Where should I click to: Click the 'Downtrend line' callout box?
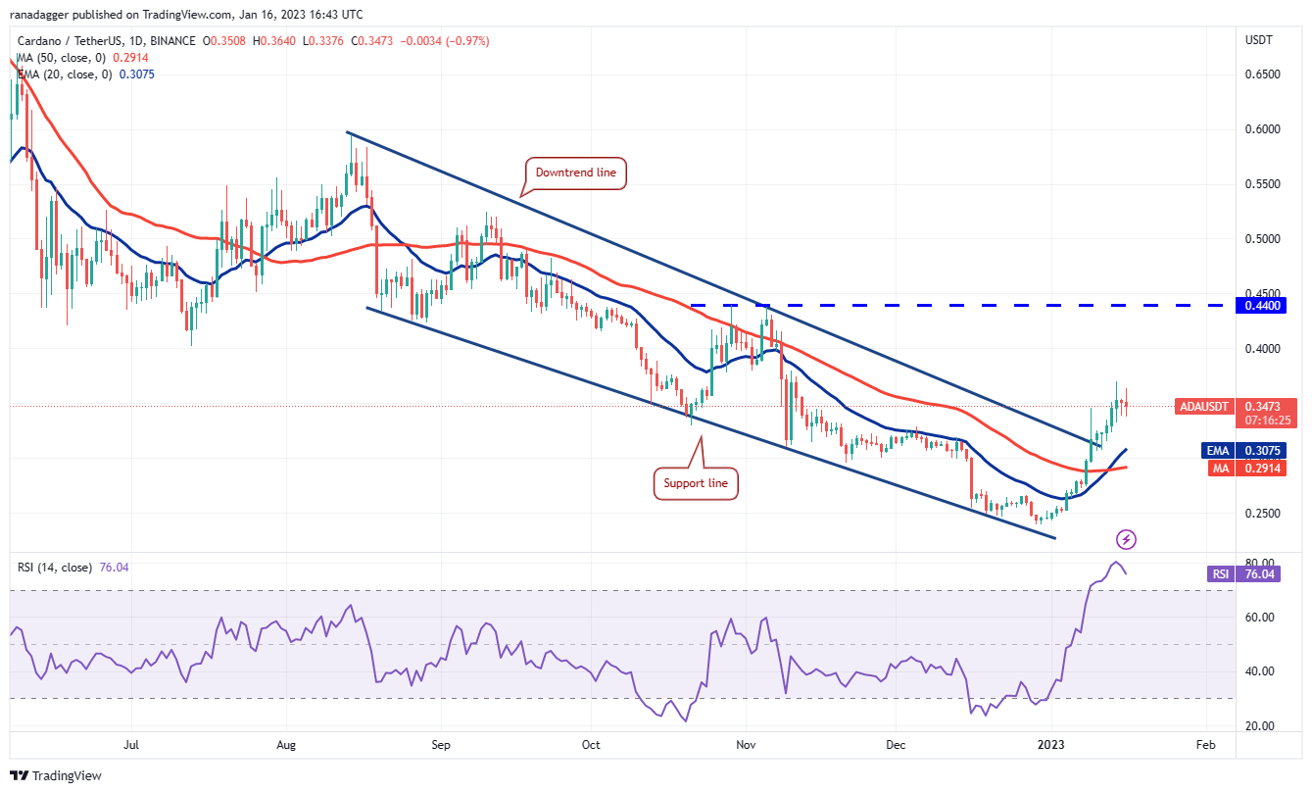point(575,173)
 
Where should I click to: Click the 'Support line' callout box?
point(696,483)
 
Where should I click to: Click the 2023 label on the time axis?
point(1051,745)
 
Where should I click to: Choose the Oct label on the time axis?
point(590,745)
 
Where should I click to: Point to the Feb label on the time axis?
point(1205,745)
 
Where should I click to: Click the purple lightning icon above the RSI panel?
point(1127,539)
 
